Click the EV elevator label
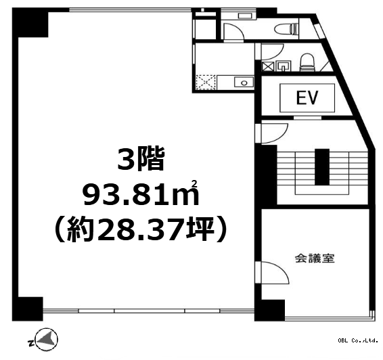coord(307,97)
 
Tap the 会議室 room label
coord(315,258)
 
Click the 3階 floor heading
coord(141,159)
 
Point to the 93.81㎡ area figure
coord(141,194)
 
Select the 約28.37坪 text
coord(140,229)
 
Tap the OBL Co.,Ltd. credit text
coord(358,340)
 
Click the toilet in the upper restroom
coord(286,29)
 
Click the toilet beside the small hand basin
coord(307,62)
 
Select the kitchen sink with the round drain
coord(244,83)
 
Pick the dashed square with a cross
coord(206,83)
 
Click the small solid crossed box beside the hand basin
coord(267,66)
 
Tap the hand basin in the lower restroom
coord(284,66)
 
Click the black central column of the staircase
coord(322,167)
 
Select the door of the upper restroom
coord(233,31)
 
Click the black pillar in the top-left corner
coord(30,22)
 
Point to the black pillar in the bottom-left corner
coord(28,309)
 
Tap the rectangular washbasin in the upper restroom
coord(245,16)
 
